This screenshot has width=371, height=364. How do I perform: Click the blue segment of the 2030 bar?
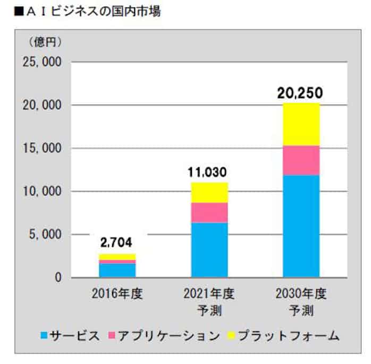[x=301, y=226]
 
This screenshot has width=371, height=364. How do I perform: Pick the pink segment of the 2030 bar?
[x=301, y=160]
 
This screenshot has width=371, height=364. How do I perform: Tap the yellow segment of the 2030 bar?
[x=301, y=124]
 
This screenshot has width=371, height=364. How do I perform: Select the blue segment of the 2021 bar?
[x=209, y=249]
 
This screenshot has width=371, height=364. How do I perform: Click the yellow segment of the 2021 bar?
[x=209, y=193]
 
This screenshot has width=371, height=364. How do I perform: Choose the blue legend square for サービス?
[x=44, y=336]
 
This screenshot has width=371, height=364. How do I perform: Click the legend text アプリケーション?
[x=168, y=336]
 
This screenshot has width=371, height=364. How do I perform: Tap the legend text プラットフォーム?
[x=288, y=336]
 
